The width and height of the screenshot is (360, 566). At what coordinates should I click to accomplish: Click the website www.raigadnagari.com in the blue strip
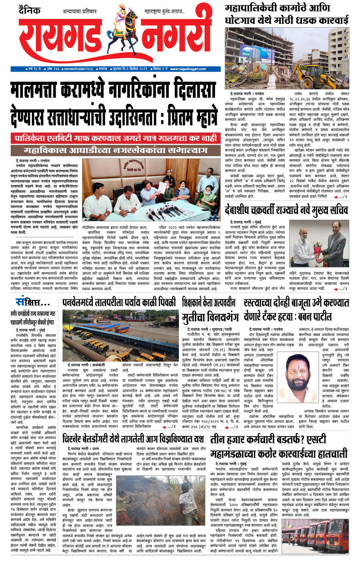188,69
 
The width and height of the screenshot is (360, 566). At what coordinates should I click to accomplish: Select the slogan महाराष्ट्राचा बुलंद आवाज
164,12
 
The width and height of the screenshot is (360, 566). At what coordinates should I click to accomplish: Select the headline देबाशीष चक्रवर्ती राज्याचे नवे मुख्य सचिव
286,210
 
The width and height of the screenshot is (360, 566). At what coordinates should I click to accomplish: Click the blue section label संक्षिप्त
33,302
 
